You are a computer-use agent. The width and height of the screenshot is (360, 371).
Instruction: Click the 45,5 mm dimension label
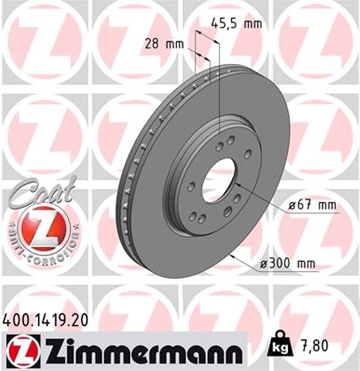coord(235,24)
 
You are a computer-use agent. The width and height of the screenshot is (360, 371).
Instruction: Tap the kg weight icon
coord(278,346)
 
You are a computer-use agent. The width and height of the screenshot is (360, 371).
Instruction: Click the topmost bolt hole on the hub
coord(230,140)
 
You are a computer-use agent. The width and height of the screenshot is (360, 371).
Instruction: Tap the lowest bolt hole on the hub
coord(202,219)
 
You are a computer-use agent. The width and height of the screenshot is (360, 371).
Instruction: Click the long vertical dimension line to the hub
coord(220,87)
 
